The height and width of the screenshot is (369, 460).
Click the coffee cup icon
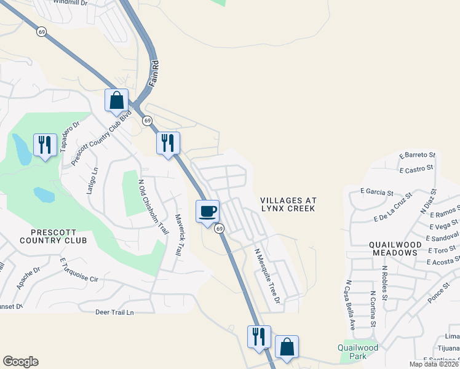207,211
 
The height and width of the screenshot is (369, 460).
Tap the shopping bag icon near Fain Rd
116,100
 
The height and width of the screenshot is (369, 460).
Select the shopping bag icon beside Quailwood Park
287,347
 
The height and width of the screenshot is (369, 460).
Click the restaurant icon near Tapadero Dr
44,145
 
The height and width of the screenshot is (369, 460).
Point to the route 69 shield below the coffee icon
218,229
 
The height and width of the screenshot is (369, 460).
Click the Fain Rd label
156,72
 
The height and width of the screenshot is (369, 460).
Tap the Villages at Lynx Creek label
288,205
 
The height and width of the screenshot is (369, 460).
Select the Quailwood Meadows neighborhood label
395,248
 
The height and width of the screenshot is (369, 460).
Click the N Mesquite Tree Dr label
268,275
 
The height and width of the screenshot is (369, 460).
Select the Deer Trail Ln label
114,312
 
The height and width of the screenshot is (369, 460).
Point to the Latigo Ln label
92,181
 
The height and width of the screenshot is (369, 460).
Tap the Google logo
20,362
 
